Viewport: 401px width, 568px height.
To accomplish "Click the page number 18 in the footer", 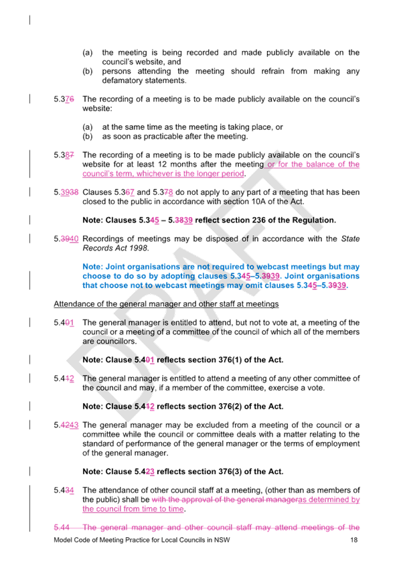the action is coord(353,540).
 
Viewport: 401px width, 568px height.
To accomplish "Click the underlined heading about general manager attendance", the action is coord(166,304).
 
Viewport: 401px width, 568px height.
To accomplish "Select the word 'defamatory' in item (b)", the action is coord(122,80).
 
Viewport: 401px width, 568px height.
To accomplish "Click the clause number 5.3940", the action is coord(66,238).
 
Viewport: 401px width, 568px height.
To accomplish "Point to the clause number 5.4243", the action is coord(66,425).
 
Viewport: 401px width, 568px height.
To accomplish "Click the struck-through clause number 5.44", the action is coord(62,527).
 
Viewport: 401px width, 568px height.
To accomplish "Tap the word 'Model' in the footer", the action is coord(62,540).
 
